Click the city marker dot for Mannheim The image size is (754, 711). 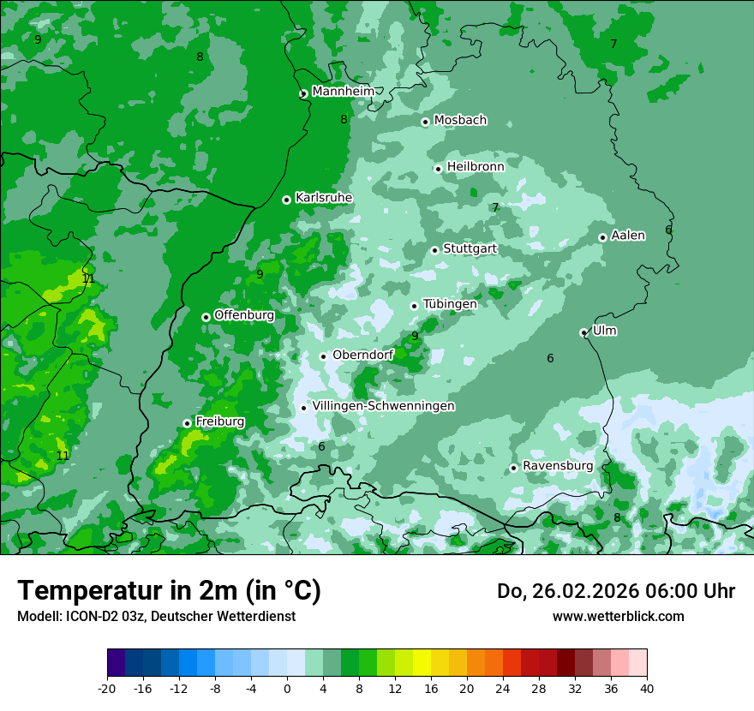303,94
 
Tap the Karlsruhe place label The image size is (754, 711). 323,198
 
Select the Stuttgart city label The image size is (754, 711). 470,249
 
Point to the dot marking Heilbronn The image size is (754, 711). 439,169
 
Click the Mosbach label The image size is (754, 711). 459,121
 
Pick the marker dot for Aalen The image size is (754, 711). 603,238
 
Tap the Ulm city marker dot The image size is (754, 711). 584,332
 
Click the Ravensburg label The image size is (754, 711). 557,466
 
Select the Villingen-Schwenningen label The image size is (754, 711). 383,406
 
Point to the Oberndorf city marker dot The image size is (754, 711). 324,356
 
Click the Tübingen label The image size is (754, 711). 449,304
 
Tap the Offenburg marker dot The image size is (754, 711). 206,317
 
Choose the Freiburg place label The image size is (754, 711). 219,421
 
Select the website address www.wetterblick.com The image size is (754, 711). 618,616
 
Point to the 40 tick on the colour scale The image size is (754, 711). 646,688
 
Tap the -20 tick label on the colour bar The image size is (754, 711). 107,688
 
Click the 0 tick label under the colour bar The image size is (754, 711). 287,688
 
